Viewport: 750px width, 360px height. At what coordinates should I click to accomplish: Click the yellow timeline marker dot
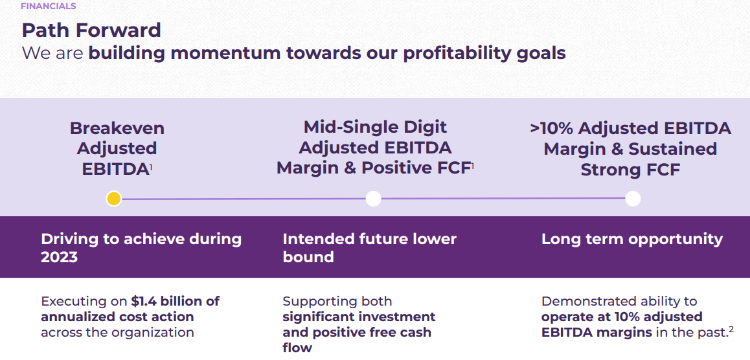click(114, 199)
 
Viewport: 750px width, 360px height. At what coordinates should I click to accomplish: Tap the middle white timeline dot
click(373, 199)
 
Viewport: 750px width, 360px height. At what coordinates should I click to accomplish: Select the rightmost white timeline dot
click(633, 199)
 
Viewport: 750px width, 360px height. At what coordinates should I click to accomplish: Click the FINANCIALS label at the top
click(49, 6)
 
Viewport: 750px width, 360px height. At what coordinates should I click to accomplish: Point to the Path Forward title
click(91, 30)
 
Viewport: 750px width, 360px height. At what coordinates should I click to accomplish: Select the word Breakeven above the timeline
click(117, 128)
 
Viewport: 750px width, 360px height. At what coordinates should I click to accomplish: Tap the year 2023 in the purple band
click(59, 256)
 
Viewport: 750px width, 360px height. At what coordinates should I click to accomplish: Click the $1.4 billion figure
click(175, 301)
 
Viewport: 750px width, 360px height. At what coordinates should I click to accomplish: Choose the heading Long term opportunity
click(631, 239)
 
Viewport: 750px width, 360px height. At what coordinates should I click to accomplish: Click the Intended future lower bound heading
click(369, 247)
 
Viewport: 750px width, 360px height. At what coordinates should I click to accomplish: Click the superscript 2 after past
click(731, 329)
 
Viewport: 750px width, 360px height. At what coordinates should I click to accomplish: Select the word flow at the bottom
click(297, 348)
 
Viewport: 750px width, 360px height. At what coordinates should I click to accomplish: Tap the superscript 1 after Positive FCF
click(473, 165)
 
